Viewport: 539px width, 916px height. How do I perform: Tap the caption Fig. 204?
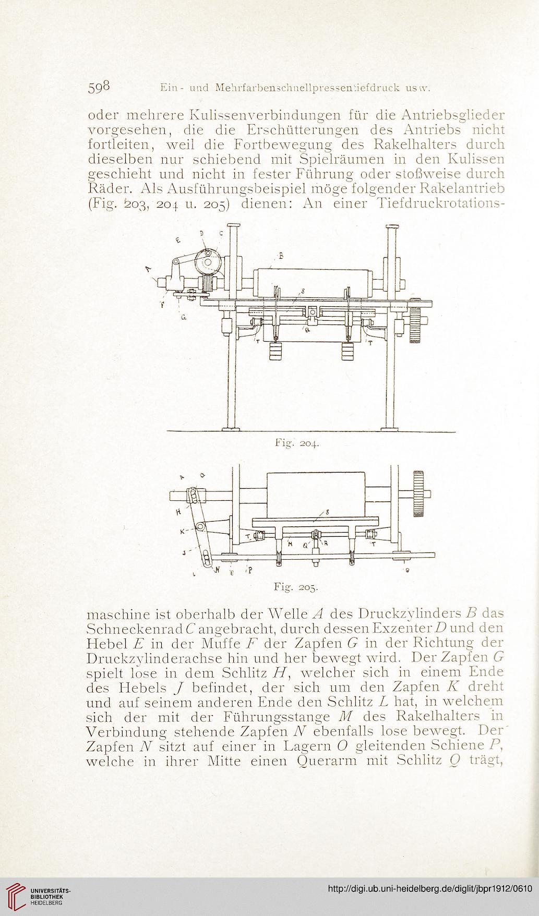coord(296,445)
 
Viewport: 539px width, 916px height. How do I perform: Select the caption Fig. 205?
coord(296,587)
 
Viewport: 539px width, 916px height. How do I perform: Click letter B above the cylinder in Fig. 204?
coord(281,256)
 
